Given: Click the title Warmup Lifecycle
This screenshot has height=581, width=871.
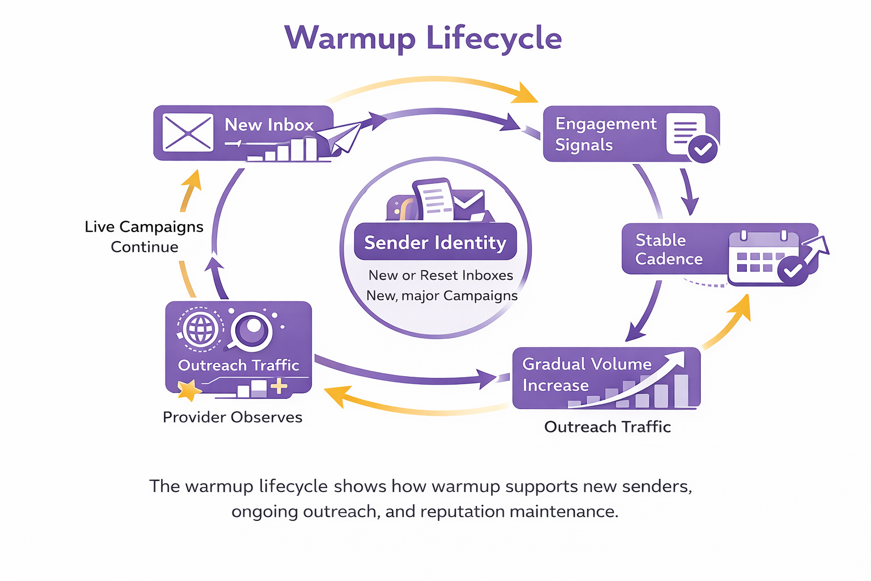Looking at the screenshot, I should pos(423,38).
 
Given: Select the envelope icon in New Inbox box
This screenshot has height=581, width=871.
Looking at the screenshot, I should pos(188,133).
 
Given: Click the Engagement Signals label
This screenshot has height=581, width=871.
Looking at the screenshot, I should pos(605,134).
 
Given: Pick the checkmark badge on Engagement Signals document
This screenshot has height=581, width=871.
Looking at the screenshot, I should pos(703,149).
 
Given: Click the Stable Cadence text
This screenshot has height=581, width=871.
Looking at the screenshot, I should pos(669,250).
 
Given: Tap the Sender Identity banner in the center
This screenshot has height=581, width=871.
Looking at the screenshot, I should pos(435,243).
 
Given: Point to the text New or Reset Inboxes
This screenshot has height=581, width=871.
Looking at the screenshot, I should pos(441,275).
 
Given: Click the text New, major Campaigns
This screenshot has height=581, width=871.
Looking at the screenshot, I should pos(442,296).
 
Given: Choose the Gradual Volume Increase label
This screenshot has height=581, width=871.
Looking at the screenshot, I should pos(586,374).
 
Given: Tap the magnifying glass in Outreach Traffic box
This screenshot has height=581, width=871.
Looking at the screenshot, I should pos(250,331).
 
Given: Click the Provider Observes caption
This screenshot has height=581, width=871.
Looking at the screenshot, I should pos(232,417).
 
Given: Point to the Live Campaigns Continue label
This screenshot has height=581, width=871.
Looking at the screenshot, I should pos(144,237).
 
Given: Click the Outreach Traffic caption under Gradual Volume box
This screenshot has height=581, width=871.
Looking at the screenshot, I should pos(607,427).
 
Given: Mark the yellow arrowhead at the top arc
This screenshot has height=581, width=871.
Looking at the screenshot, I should pos(525,93).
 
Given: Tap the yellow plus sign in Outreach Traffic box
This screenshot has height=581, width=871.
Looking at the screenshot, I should pos(278,387).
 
